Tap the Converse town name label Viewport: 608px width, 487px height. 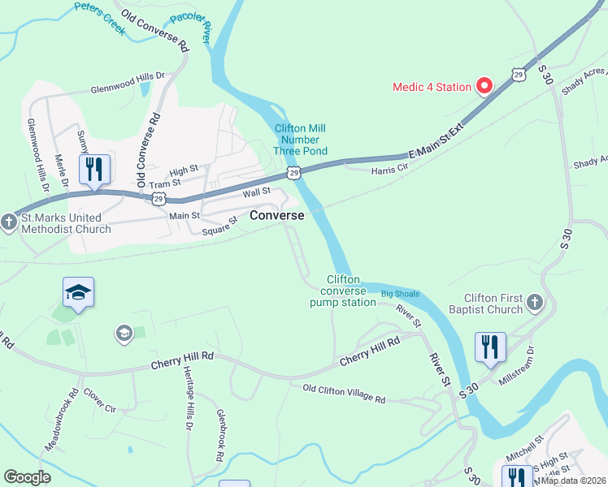(x=277, y=216)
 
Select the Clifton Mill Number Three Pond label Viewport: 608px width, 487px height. (x=301, y=140)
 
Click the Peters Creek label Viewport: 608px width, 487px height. (x=102, y=15)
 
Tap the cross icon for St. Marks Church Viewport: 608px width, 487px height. (x=9, y=222)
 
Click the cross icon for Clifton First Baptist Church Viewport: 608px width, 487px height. (x=534, y=303)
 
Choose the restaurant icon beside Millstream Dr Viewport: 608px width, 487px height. (x=490, y=347)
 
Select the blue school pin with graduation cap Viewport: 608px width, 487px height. (x=79, y=293)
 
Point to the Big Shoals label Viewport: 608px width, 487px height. (x=400, y=292)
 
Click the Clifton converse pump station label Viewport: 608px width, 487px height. (x=343, y=291)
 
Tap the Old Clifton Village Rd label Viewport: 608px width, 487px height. (x=343, y=394)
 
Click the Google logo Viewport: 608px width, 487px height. (x=28, y=477)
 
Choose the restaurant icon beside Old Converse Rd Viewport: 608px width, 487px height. (x=94, y=169)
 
